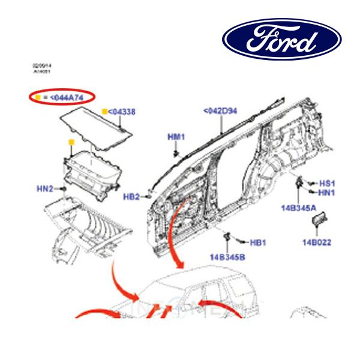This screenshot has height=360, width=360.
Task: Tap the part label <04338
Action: [x=122, y=111]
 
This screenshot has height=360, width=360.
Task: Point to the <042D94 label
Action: [x=220, y=111]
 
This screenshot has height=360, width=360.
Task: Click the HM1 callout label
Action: [x=175, y=137]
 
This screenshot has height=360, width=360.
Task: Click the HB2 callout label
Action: [x=131, y=196]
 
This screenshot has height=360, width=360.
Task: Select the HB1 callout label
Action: [x=257, y=242]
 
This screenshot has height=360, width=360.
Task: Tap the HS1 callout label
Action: [x=326, y=183]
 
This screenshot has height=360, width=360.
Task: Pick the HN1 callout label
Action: [x=326, y=192]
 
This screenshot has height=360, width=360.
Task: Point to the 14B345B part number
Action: [x=227, y=257]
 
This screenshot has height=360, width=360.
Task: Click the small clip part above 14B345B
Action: [x=228, y=238]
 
